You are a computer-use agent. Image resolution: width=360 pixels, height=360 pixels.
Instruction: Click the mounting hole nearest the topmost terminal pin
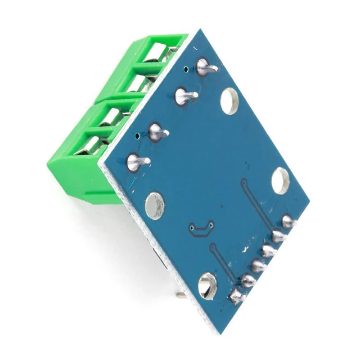point(229,101)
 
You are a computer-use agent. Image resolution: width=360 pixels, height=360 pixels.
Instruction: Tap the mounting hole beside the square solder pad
point(207,285)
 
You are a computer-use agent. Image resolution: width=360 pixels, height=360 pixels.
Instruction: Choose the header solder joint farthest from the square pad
point(288,221)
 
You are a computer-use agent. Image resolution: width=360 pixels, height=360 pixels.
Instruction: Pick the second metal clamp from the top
point(138,83)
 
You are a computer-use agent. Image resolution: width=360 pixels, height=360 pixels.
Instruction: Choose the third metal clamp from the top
point(110,117)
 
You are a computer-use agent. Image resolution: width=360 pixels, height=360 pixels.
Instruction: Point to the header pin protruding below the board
point(180,295)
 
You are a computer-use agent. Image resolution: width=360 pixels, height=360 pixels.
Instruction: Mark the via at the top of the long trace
point(243,182)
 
